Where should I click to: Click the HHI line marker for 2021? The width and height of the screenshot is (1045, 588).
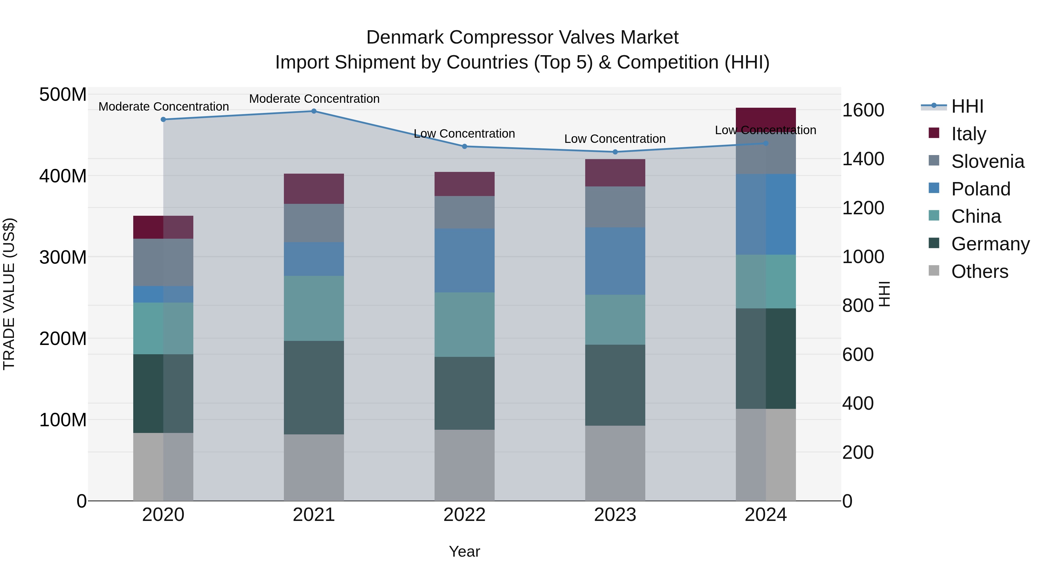313,111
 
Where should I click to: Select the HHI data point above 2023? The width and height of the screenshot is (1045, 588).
615,152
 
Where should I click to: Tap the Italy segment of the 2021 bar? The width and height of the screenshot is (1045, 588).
313,189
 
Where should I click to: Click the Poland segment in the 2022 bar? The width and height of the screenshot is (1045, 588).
464,260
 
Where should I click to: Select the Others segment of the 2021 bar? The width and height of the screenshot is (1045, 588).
313,467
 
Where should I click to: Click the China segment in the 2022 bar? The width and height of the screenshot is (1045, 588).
464,324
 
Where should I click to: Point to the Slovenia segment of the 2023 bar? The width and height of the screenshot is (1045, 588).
615,207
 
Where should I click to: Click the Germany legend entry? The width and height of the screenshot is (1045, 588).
990,244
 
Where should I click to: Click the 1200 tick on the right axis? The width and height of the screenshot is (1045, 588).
863,208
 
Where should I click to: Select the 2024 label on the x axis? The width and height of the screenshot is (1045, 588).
765,515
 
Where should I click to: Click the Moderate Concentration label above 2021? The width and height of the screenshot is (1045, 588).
314,99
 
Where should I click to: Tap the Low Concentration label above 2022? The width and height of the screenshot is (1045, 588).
464,134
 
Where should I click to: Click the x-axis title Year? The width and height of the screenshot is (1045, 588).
464,551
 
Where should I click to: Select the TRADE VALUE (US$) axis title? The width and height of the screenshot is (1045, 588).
9,294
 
